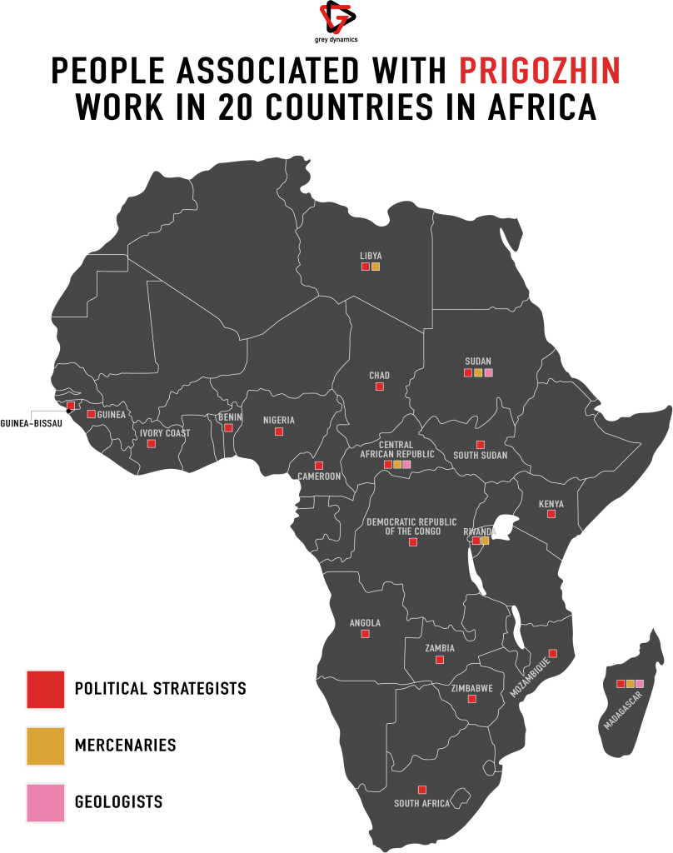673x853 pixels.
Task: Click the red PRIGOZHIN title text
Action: click(540, 72)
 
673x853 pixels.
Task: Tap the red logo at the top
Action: click(336, 19)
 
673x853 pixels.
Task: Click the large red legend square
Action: click(45, 690)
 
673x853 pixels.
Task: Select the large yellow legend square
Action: click(45, 746)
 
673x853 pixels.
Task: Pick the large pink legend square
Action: click(45, 803)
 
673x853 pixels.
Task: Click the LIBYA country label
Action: click(371, 256)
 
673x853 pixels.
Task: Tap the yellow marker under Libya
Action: click(376, 267)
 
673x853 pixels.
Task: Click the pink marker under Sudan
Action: click(489, 372)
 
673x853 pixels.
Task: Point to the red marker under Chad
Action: click(379, 387)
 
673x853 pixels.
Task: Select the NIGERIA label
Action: click(279, 421)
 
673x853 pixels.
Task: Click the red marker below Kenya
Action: click(551, 514)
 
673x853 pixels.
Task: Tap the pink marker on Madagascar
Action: click(640, 684)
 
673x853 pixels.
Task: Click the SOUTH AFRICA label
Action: click(422, 804)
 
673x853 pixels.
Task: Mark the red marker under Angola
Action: click(365, 634)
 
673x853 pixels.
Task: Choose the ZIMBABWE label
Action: click(472, 689)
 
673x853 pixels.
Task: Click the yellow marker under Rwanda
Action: click(485, 541)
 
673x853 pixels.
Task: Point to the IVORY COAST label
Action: click(165, 433)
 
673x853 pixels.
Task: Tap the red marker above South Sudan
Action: click(480, 445)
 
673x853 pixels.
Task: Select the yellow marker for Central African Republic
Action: click(397, 464)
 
